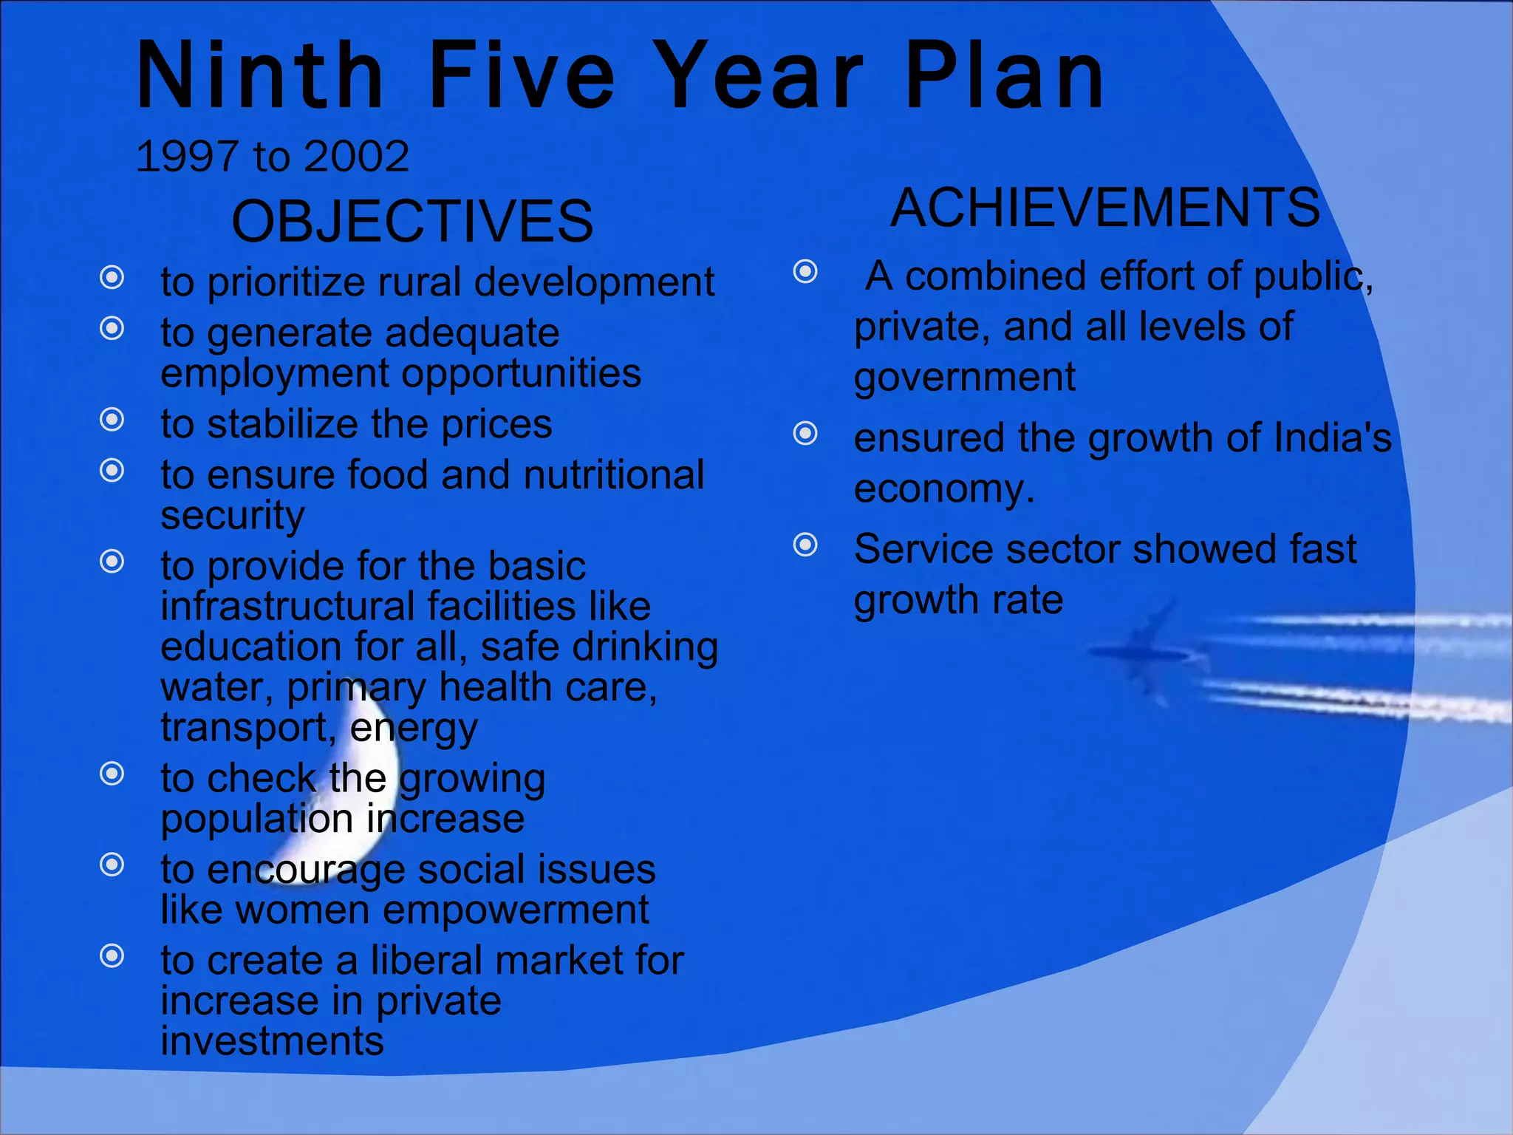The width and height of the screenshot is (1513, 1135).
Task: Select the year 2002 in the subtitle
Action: pos(356,157)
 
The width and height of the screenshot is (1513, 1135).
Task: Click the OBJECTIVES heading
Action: pos(412,221)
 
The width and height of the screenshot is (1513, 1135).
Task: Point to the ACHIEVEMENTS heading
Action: pos(1105,208)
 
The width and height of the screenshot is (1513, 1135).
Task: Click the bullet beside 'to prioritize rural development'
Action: pos(112,278)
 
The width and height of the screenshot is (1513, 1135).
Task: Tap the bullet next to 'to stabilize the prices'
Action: pos(112,420)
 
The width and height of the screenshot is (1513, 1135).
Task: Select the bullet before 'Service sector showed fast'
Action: pos(805,545)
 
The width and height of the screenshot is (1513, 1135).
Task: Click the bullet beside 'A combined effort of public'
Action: pos(805,272)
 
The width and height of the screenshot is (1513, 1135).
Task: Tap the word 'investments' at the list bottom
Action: pos(272,1041)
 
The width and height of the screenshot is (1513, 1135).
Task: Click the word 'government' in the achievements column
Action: pos(964,378)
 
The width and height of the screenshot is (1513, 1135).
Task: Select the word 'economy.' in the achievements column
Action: pos(943,489)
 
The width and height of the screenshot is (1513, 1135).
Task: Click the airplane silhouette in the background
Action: pos(1145,650)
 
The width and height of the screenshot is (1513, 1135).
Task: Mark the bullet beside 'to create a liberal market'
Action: pos(112,956)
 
